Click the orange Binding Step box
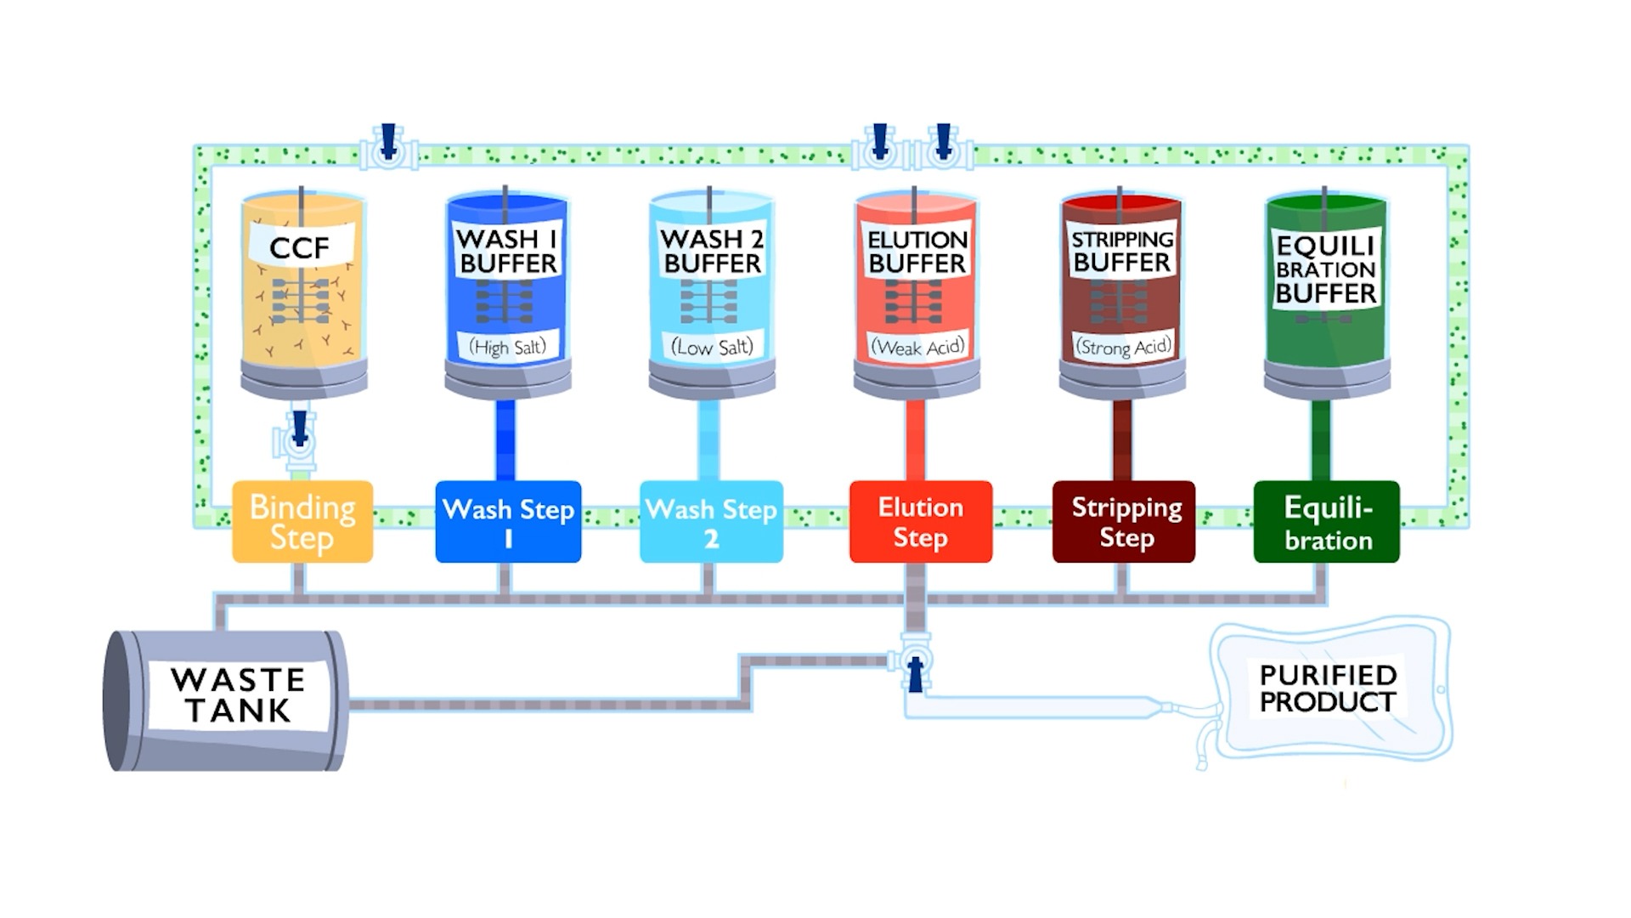(x=302, y=521)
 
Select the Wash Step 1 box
(x=508, y=521)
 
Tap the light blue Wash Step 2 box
(x=711, y=521)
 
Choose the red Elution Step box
(x=921, y=521)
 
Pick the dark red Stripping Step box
(x=1124, y=521)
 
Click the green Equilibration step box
(x=1326, y=521)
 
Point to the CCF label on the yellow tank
(x=300, y=247)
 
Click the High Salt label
(x=508, y=347)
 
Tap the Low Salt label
(x=712, y=347)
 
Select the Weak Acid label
(x=917, y=347)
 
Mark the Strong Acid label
(x=1123, y=347)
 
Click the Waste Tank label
(x=238, y=694)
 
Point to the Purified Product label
(x=1328, y=688)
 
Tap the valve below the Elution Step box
(x=915, y=662)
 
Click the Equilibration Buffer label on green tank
(x=1325, y=269)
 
